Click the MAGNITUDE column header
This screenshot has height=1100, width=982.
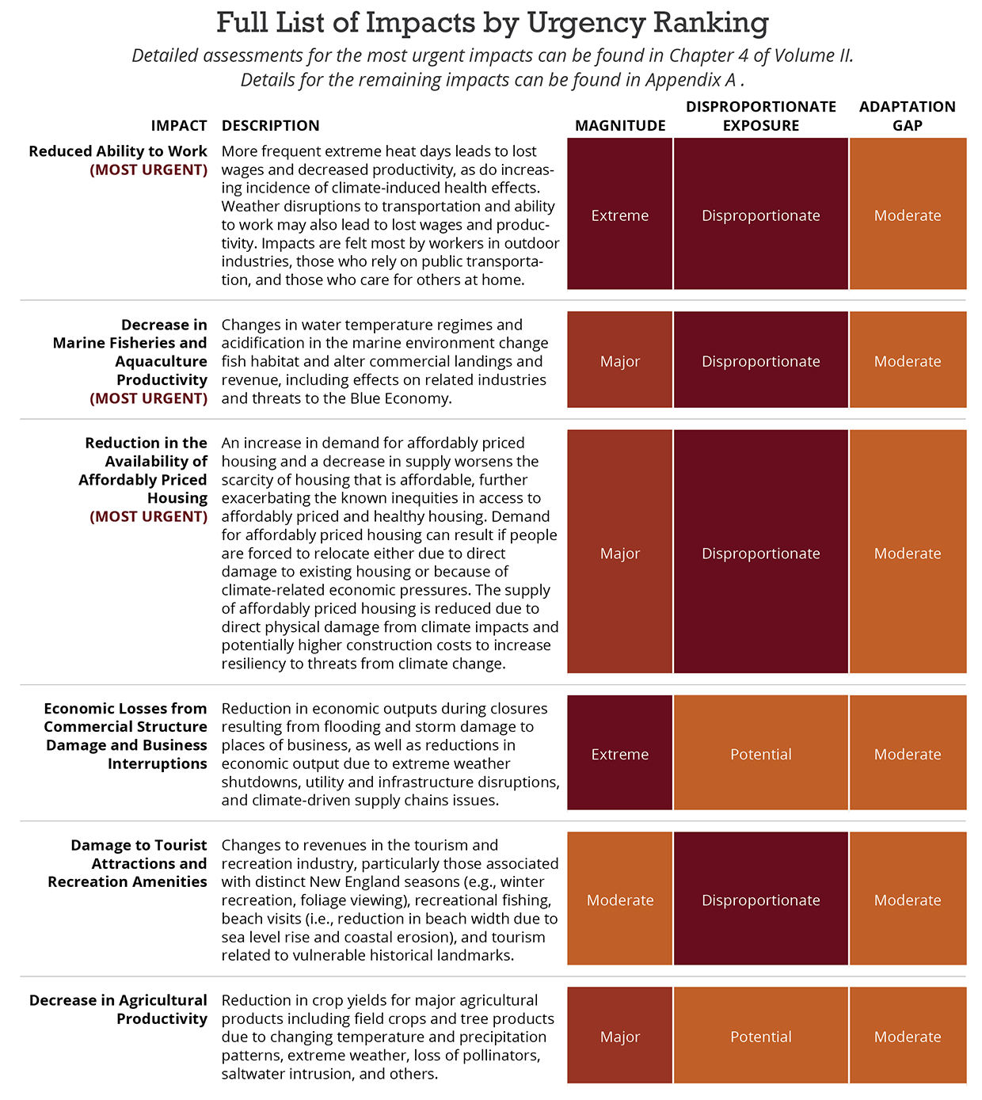tap(620, 126)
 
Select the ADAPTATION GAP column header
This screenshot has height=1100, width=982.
tap(908, 116)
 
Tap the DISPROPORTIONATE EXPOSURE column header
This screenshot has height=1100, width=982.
tap(760, 116)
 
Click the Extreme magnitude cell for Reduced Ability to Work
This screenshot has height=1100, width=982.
tap(620, 215)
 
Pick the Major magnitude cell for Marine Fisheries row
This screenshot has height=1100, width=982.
tap(620, 360)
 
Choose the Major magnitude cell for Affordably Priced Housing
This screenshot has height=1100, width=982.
tap(620, 553)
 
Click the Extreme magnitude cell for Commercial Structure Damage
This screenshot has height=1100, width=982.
tap(620, 754)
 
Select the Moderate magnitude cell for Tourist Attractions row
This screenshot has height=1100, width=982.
tap(620, 900)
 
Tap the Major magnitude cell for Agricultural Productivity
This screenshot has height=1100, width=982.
tap(620, 1036)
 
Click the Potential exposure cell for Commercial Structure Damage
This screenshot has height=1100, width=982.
tap(760, 754)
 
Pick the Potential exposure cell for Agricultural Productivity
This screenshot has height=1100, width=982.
tap(760, 1036)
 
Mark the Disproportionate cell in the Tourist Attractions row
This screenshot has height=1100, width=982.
tap(760, 900)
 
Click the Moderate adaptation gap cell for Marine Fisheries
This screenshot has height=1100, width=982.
tap(908, 360)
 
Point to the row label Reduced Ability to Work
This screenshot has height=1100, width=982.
tap(118, 151)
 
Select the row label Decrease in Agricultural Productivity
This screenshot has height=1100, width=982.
tap(118, 1009)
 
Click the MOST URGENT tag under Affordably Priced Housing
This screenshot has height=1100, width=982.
tap(148, 516)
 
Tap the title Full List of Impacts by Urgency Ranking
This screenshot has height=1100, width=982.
tap(492, 23)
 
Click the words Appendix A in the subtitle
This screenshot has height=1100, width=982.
tap(691, 80)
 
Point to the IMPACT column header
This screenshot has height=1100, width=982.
tap(179, 126)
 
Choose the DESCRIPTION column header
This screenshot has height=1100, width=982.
tap(270, 126)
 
